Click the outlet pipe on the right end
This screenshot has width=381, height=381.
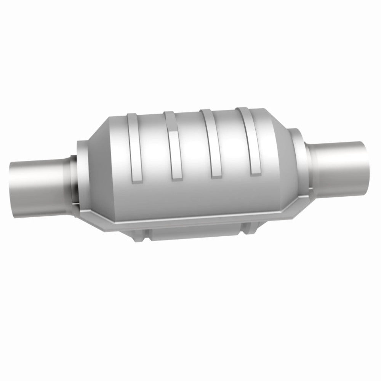[x=339, y=160]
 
